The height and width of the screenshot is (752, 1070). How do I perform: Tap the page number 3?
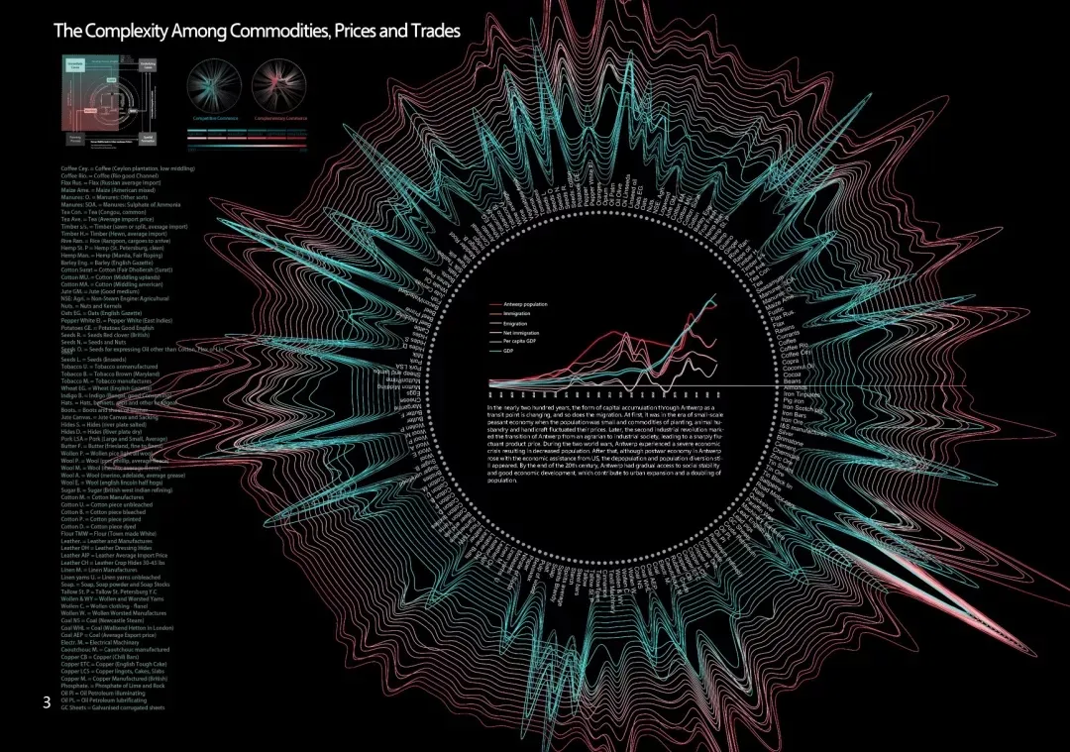pos(46,702)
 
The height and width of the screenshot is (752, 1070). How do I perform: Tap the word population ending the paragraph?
pos(503,481)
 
